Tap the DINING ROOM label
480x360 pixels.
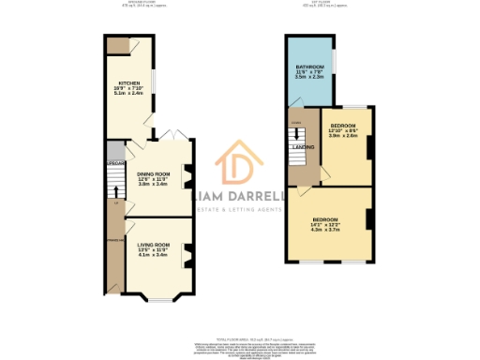point(153,173)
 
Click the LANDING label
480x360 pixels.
point(303,147)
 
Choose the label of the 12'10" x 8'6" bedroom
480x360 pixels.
point(343,125)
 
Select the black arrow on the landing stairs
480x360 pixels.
point(299,131)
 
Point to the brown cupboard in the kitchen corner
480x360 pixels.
point(117,45)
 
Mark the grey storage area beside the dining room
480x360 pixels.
point(114,152)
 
